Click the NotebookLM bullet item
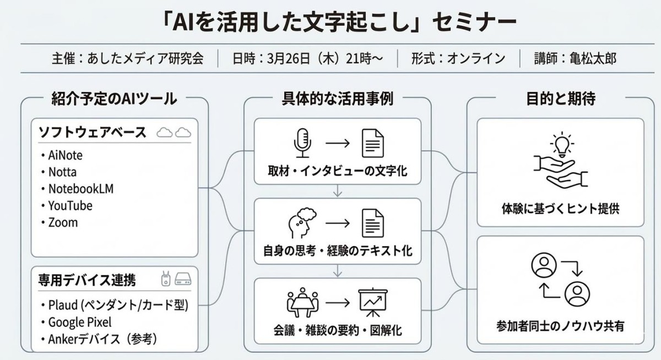[80, 189]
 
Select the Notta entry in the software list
[62, 172]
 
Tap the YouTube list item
[70, 206]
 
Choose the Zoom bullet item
[63, 223]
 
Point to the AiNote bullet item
[65, 155]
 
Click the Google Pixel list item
[79, 322]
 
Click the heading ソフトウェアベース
[92, 133]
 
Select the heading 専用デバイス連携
[87, 280]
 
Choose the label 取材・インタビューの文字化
[338, 171]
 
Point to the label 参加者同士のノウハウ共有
[560, 326]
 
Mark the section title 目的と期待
[560, 99]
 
